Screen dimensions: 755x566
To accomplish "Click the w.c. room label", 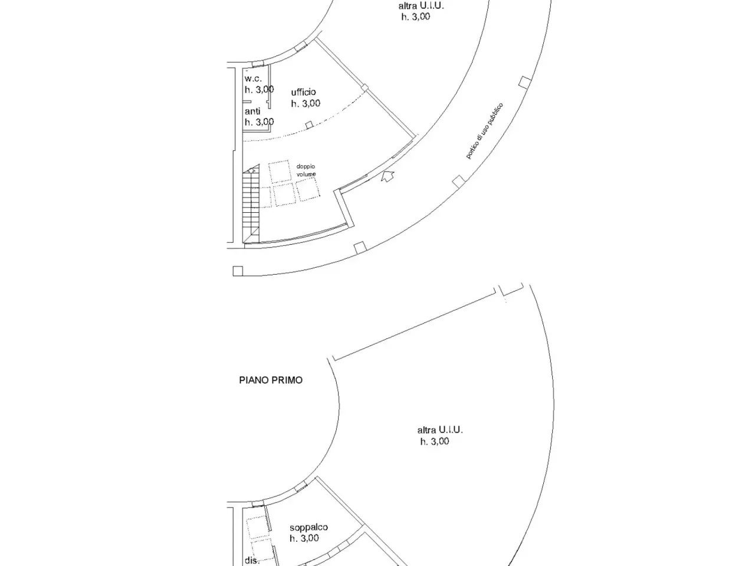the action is (x=253, y=78).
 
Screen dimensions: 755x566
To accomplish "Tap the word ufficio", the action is (x=303, y=92).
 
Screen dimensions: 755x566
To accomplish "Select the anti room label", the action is (x=252, y=111).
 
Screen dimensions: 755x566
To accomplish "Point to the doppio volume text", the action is (x=306, y=170).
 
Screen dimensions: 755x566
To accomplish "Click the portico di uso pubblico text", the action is (x=484, y=131).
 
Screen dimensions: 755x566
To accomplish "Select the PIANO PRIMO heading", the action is (x=271, y=380).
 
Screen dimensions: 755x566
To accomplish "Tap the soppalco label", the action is (x=308, y=527).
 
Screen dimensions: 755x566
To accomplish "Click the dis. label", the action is (x=252, y=561).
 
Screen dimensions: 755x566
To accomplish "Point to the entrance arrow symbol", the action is (x=388, y=176).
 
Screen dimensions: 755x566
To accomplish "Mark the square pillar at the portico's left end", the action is (x=238, y=271).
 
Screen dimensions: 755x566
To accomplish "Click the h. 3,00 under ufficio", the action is (x=306, y=103).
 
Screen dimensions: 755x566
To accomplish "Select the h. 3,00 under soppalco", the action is (x=304, y=538).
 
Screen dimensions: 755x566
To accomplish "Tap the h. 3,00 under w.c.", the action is (x=259, y=90).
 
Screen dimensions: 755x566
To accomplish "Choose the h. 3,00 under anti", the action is (x=259, y=122).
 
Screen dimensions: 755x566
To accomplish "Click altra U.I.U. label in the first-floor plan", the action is (x=440, y=430).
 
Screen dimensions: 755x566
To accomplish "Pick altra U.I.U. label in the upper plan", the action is (x=421, y=6).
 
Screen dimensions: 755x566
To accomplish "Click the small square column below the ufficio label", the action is (x=309, y=125).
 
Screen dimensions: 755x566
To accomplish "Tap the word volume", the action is (x=306, y=175).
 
